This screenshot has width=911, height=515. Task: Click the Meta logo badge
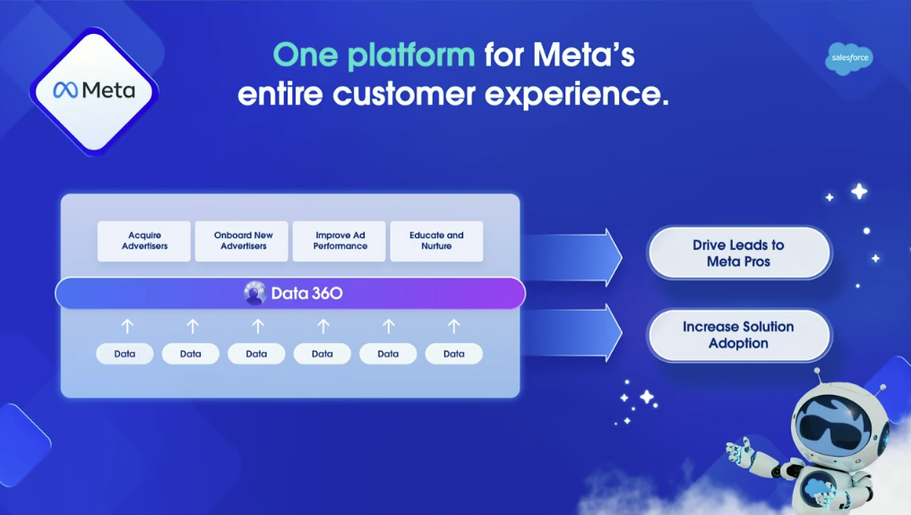tap(94, 90)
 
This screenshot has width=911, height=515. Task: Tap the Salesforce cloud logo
tap(847, 58)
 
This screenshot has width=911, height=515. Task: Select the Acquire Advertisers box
tap(144, 241)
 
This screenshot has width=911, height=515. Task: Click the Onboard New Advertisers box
tap(242, 241)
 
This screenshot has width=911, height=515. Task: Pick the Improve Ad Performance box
tap(339, 241)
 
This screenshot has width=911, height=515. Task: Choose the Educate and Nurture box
tap(436, 241)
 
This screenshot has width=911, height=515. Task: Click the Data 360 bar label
tap(306, 293)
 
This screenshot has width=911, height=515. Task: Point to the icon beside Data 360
tap(254, 293)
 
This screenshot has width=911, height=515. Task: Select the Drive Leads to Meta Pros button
tap(738, 253)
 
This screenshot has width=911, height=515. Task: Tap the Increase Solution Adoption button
tap(738, 335)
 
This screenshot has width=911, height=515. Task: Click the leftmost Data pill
tap(125, 354)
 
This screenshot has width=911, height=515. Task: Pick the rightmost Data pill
tap(453, 354)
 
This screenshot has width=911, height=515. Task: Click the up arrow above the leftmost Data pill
tap(126, 326)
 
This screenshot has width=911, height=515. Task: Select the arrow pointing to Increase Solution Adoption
tap(573, 331)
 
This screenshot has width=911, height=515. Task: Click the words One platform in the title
tap(374, 56)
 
